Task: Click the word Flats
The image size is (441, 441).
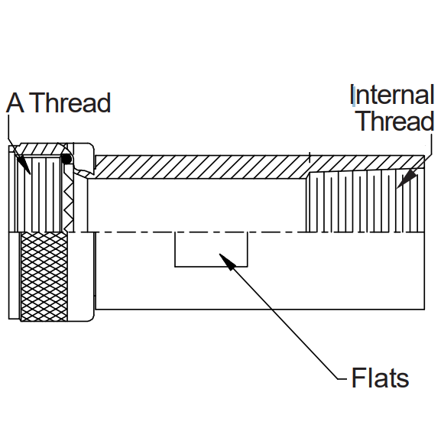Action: point(380,378)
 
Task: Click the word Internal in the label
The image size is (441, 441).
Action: point(392,95)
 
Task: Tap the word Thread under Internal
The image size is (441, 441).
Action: point(396,120)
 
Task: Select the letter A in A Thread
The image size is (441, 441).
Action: point(15,102)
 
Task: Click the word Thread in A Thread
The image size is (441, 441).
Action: point(70,102)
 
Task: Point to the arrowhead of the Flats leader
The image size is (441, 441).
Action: point(227,261)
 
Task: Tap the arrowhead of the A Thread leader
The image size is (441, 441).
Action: point(24,165)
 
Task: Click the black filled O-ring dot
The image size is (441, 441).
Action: point(66,159)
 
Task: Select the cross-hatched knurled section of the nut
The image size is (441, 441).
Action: point(44,277)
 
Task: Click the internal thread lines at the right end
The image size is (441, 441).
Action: point(365,202)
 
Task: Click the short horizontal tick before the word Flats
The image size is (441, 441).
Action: point(342,379)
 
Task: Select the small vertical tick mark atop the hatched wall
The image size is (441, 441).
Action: point(310,157)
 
